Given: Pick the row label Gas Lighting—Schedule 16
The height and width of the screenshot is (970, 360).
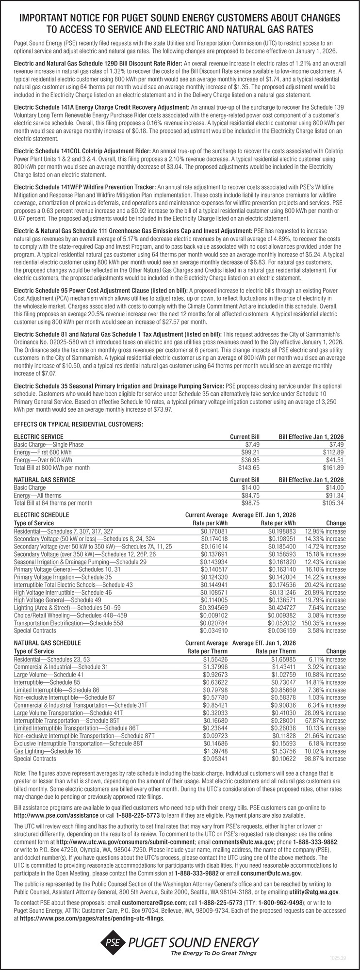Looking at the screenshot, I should pos(48,751).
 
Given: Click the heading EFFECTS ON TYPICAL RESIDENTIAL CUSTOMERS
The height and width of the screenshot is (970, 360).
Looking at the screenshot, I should pos(79,425).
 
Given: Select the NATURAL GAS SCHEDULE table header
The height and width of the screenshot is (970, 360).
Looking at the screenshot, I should pos(48,643).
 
